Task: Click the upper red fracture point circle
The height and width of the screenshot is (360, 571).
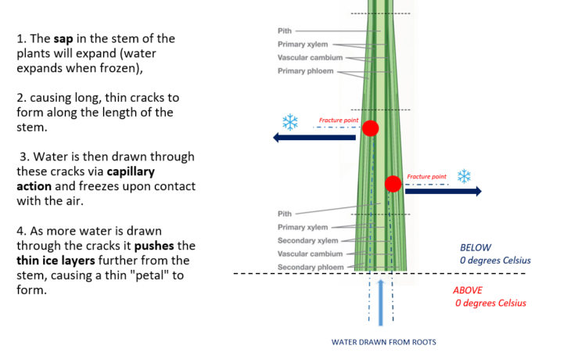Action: tap(370, 128)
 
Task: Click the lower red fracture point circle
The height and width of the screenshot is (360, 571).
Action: tap(393, 184)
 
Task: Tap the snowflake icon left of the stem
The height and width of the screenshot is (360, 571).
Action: tap(290, 122)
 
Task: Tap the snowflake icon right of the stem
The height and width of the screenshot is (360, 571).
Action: tap(464, 176)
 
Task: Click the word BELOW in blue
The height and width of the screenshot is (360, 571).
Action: tap(476, 247)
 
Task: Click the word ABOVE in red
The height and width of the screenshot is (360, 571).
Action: tap(468, 290)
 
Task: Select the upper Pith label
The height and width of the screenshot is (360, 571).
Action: tap(285, 31)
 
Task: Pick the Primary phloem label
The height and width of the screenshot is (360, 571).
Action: tap(305, 71)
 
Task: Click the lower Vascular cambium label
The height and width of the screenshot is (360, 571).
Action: tap(311, 254)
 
